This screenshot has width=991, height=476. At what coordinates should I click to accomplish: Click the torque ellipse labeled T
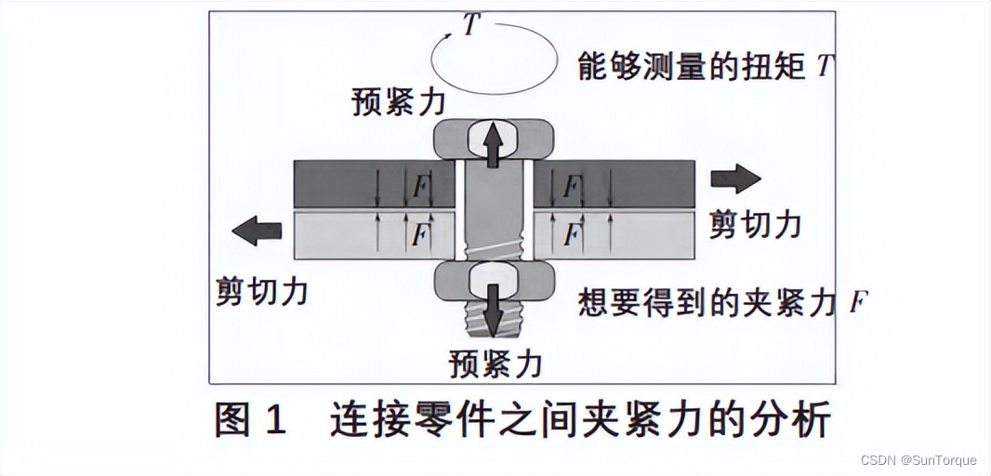(x=493, y=58)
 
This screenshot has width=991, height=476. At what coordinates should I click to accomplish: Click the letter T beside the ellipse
(x=471, y=25)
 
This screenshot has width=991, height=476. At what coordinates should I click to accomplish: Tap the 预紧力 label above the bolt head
(x=399, y=100)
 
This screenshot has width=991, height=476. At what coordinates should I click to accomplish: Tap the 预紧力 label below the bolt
(x=495, y=362)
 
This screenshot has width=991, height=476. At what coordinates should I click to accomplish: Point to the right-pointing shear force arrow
(x=736, y=178)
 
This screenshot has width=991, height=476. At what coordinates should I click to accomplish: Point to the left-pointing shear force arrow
(x=257, y=230)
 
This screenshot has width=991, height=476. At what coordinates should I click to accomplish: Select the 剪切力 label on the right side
(x=755, y=224)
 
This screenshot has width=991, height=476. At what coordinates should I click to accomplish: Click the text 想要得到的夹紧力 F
(x=723, y=303)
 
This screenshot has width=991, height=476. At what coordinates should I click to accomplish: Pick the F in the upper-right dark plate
(x=572, y=187)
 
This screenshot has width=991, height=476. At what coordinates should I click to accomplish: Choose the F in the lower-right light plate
(x=572, y=235)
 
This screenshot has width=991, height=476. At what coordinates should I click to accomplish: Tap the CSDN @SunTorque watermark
(x=918, y=460)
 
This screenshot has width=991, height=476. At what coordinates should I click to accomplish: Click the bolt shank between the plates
(x=494, y=209)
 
